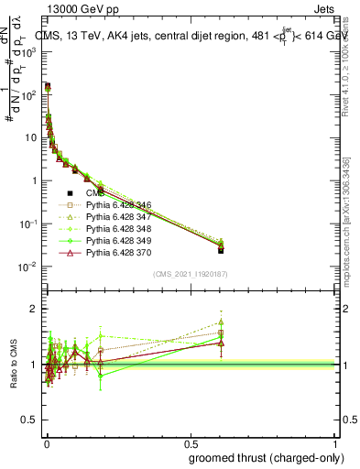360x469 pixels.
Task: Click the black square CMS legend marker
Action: [70, 192]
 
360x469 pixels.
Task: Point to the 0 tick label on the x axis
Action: [46, 444]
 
